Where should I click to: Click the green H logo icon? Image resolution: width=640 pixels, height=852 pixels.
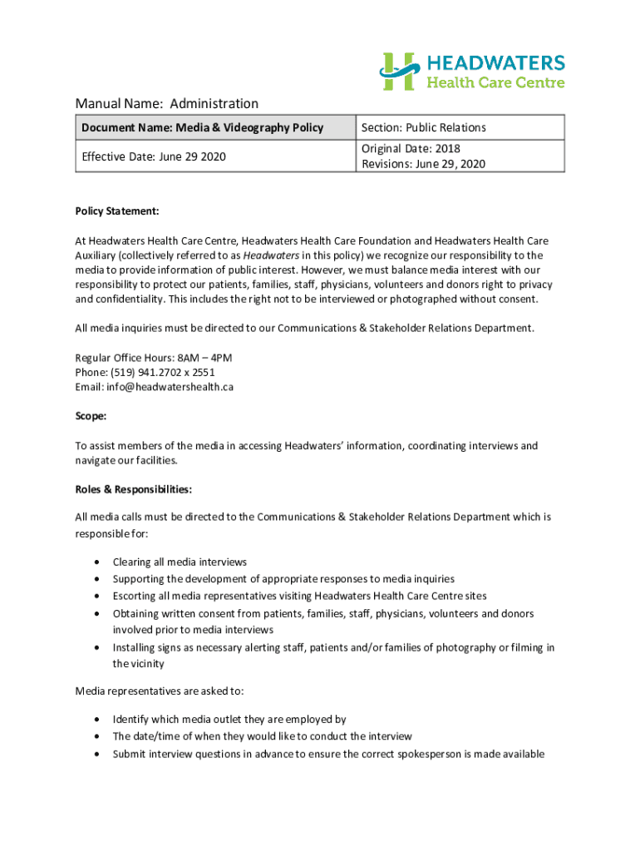pyautogui.click(x=399, y=71)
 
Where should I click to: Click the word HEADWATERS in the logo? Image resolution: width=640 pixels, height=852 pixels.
pyautogui.click(x=496, y=62)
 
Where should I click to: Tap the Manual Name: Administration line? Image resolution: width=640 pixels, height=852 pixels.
pyautogui.click(x=167, y=103)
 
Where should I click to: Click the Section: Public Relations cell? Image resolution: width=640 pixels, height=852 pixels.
pyautogui.click(x=424, y=127)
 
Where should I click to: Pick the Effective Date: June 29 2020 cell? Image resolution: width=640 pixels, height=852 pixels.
pyautogui.click(x=154, y=156)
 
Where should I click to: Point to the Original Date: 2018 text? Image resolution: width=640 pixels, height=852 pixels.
pyautogui.click(x=411, y=149)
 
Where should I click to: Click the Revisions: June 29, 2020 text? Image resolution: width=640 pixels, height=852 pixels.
pyautogui.click(x=423, y=164)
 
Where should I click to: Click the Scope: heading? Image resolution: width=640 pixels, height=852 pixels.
pyautogui.click(x=91, y=416)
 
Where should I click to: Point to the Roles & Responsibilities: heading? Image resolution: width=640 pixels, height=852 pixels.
pyautogui.click(x=134, y=489)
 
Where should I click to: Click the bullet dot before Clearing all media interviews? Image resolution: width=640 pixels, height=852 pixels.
pyautogui.click(x=96, y=562)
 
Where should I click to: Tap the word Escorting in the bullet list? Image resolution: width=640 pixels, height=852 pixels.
pyautogui.click(x=136, y=596)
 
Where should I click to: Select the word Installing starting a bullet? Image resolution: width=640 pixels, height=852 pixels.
pyautogui.click(x=135, y=647)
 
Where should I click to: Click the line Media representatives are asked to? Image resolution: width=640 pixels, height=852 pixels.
pyautogui.click(x=160, y=691)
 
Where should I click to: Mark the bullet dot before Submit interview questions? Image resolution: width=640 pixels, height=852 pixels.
pyautogui.click(x=96, y=754)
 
